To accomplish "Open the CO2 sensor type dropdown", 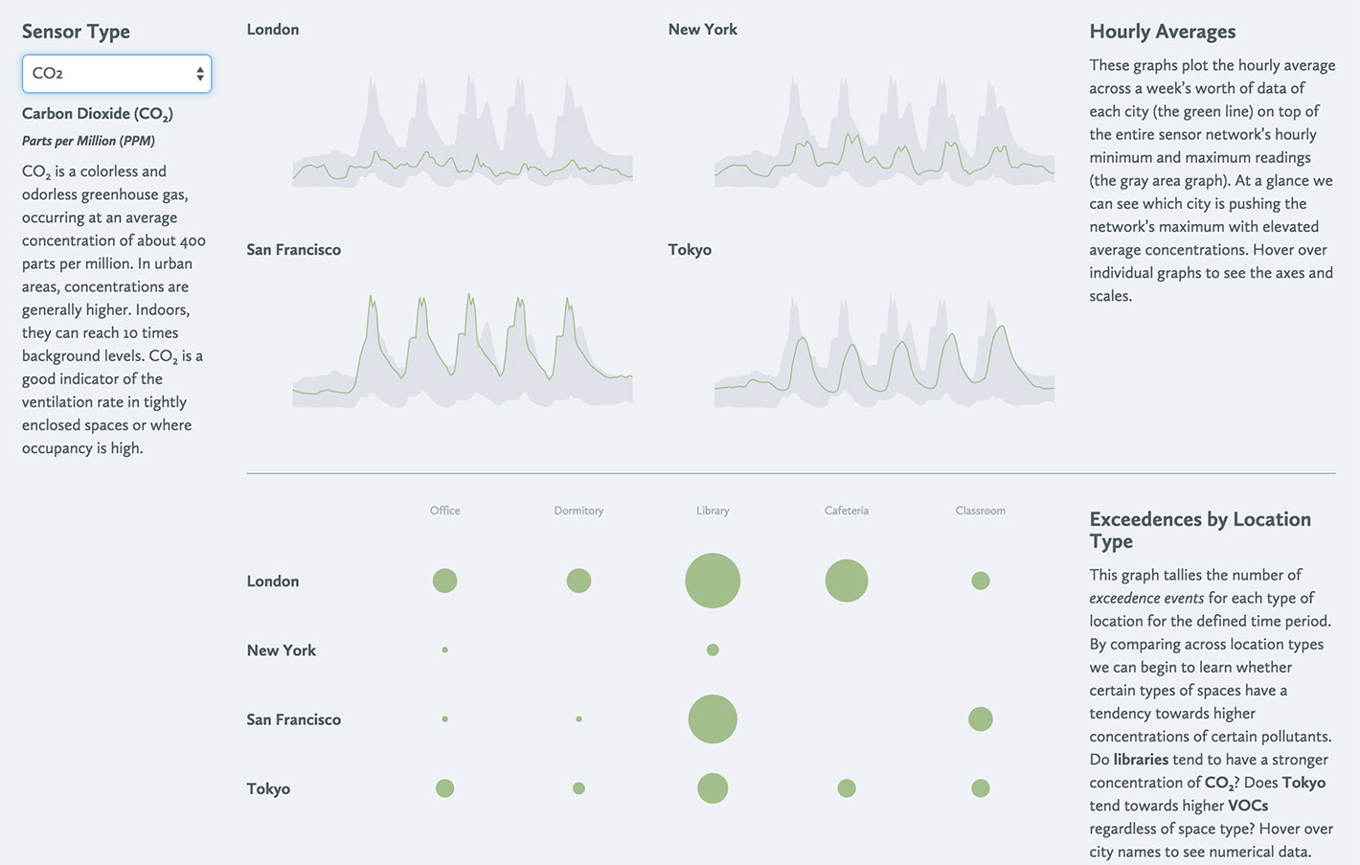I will [116, 74].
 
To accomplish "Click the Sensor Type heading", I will [76, 32].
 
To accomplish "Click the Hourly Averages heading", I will [1162, 32].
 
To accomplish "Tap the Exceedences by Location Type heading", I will [1199, 530].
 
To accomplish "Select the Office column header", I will [444, 511].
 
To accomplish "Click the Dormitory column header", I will [578, 511].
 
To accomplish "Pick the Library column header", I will [713, 511].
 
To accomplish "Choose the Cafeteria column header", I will [847, 511].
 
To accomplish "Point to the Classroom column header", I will [980, 511].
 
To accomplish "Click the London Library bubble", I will [713, 580].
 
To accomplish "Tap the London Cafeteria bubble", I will [847, 580].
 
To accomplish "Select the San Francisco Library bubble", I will [713, 719].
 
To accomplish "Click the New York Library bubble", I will [713, 649].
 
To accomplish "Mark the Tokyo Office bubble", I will [444, 788].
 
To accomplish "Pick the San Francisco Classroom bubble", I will [980, 719].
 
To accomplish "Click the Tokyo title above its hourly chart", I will [690, 250].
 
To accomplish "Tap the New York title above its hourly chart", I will [702, 30].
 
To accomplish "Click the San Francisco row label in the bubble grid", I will [293, 719].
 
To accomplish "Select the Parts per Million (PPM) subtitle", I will [88, 141].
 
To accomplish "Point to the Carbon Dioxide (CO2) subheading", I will [97, 114].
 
